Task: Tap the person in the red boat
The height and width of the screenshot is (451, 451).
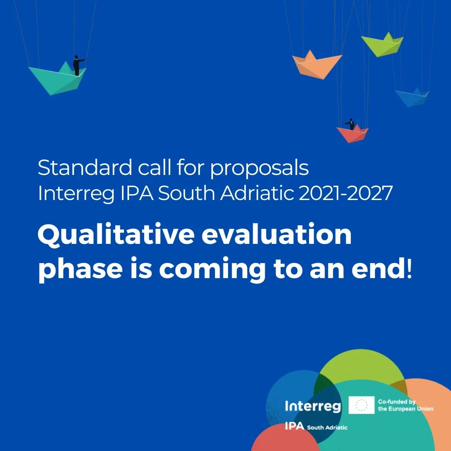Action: [x=351, y=124]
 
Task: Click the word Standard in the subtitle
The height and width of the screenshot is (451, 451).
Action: [x=84, y=168]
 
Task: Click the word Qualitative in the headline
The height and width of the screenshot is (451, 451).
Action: [x=115, y=236]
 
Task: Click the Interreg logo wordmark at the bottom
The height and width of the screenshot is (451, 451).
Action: [x=312, y=406]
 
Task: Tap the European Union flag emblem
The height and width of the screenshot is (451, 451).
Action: [x=361, y=405]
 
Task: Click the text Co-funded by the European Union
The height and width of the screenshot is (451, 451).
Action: [x=405, y=405]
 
